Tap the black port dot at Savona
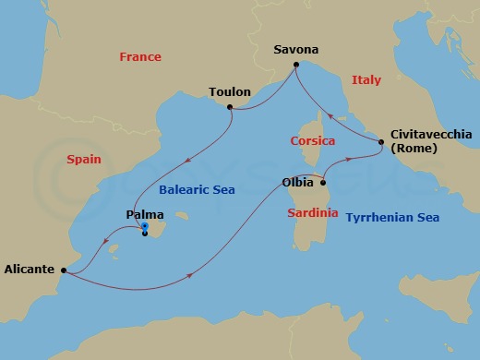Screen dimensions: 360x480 point(295,65)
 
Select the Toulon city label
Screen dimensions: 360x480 point(231,92)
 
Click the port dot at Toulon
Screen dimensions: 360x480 point(230,108)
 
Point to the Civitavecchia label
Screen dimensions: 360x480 point(431,134)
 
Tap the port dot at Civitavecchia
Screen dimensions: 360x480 point(381,141)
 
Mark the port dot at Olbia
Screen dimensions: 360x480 point(323,183)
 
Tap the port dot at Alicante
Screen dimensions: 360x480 point(63,270)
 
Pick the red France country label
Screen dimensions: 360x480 point(140,57)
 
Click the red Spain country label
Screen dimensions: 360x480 point(83,160)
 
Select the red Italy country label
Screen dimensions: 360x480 point(366,81)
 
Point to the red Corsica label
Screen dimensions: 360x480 point(313,141)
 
